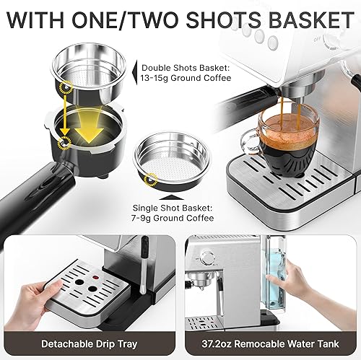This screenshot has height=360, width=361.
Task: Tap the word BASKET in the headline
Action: (306, 19)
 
